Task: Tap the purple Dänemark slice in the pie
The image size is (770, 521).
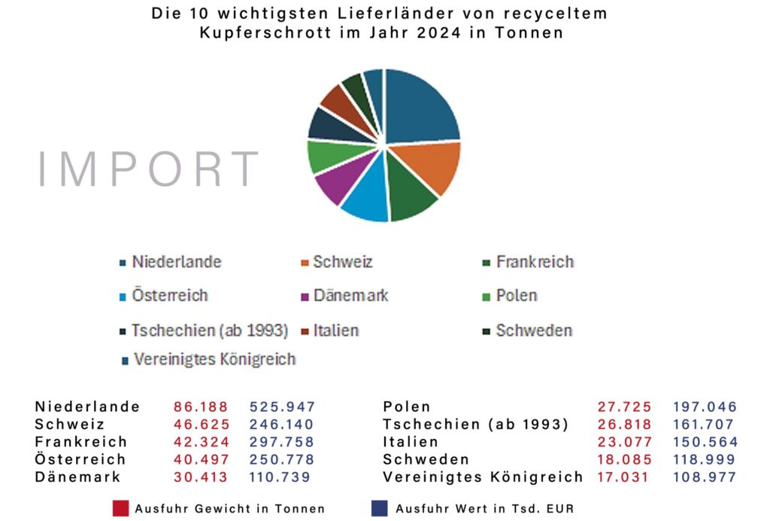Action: [x=334, y=185]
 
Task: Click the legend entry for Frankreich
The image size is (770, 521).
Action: [x=535, y=262]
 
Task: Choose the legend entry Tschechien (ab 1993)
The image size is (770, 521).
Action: [x=209, y=331]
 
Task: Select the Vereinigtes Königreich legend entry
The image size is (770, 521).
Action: [x=214, y=359]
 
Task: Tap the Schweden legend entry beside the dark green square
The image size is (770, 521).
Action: [x=534, y=331]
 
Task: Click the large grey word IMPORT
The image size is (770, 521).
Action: [x=148, y=169]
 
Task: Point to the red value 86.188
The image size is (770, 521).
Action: [x=201, y=407]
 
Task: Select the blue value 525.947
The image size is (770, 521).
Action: [x=282, y=407]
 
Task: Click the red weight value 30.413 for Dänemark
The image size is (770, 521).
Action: [x=201, y=477]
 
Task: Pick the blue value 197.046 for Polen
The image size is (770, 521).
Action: [x=705, y=407]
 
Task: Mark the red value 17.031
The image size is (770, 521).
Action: [x=625, y=477]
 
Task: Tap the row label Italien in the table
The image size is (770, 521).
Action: [x=410, y=442]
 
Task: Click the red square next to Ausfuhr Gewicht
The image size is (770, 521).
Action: [x=120, y=507]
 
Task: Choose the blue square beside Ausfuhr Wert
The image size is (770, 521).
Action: [x=380, y=507]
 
